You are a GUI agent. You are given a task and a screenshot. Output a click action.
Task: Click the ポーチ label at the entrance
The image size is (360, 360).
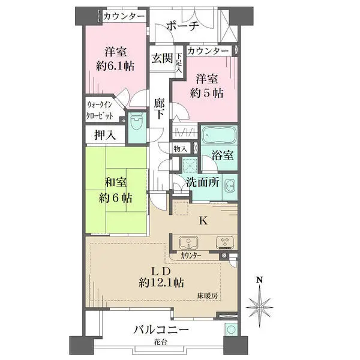click(182, 26)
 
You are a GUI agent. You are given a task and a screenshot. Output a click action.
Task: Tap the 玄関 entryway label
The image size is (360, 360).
click(162, 58)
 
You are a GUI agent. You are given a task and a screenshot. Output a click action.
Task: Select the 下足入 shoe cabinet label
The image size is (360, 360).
click(179, 63)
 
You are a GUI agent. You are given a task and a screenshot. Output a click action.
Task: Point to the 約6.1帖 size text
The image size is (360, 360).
click(115, 67)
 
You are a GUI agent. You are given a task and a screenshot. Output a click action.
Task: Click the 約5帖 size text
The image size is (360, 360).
click(206, 93)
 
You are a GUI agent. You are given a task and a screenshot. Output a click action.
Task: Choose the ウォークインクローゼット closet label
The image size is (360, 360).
click(100, 110)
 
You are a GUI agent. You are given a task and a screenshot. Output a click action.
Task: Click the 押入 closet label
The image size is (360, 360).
click(105, 135)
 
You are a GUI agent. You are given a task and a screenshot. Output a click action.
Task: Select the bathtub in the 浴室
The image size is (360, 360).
click(219, 135)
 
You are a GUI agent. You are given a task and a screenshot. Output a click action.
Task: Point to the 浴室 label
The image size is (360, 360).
click(223, 155)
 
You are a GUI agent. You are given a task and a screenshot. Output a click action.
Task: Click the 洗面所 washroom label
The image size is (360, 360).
click(203, 182)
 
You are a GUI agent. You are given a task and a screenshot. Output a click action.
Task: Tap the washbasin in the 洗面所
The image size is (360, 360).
click(230, 185)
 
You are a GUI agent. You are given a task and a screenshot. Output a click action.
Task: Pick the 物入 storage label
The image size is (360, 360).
click(181, 149)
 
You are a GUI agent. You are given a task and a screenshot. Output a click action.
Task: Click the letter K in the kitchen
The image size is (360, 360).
click(203, 221)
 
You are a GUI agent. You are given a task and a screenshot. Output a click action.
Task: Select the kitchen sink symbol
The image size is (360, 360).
click(189, 242)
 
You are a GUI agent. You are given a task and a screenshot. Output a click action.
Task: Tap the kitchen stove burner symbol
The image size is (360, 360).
click(225, 242)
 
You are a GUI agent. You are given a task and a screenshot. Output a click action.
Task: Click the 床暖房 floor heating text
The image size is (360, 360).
click(208, 296)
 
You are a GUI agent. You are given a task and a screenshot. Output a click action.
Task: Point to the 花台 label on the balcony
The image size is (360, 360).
click(160, 343)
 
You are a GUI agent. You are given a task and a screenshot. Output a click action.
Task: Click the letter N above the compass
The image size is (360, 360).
click(260, 280)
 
